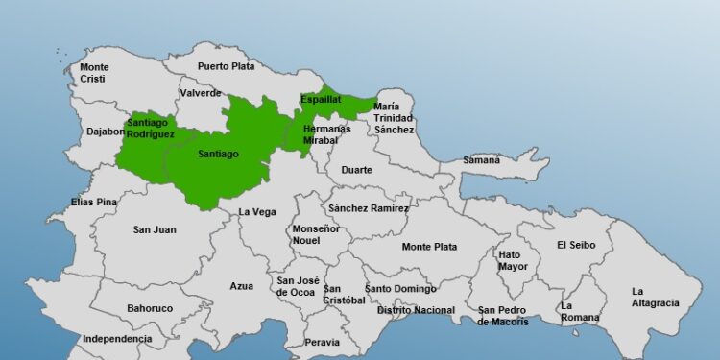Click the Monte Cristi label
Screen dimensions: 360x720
(x=94, y=73)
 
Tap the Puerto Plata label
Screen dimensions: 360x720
(x=228, y=66)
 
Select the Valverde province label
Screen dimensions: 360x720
(x=200, y=93)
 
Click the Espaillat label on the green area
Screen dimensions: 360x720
(x=320, y=100)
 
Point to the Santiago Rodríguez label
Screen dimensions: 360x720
(x=151, y=129)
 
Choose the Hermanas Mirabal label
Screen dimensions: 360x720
(x=321, y=134)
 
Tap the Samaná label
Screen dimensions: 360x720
(x=482, y=160)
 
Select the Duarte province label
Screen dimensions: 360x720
(x=357, y=170)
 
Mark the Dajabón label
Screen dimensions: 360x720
(x=105, y=132)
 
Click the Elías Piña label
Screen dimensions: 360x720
(x=94, y=203)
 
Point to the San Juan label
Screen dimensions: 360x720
(x=155, y=229)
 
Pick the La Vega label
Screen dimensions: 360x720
(x=257, y=212)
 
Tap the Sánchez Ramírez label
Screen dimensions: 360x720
(x=369, y=208)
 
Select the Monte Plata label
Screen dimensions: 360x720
(x=429, y=247)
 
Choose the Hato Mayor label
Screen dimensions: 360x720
(x=513, y=260)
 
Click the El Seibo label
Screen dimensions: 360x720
(x=576, y=245)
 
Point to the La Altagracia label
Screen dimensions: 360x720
(x=655, y=297)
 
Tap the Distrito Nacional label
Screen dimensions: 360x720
(x=416, y=310)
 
